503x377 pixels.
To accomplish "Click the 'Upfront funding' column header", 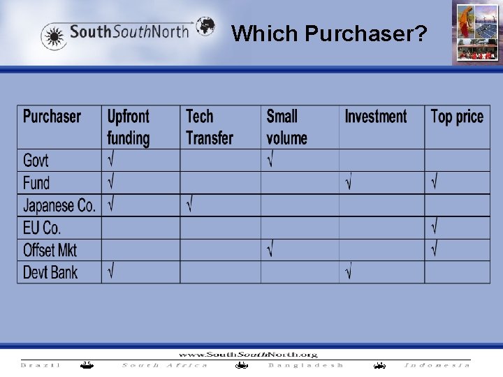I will pyautogui.click(x=129, y=127).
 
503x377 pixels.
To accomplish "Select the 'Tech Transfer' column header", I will pyautogui.click(x=209, y=127).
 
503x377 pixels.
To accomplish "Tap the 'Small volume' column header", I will pyautogui.click(x=286, y=127).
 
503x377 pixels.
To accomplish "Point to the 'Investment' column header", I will pyautogui.click(x=375, y=117).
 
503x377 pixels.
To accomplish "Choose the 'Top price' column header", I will pyautogui.click(x=457, y=117).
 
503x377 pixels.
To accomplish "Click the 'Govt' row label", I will pyautogui.click(x=36, y=161).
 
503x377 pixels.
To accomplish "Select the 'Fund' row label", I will pyautogui.click(x=36, y=183).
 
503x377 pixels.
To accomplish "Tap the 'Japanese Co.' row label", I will pyautogui.click(x=59, y=205).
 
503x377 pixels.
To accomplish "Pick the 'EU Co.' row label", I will pyautogui.click(x=42, y=228).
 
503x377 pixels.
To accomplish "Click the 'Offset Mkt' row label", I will pyautogui.click(x=50, y=250).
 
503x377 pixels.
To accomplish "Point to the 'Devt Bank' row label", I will pyautogui.click(x=50, y=272).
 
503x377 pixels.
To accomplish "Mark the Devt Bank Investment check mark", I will pyautogui.click(x=348, y=272).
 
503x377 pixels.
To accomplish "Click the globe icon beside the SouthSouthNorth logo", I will pyautogui.click(x=205, y=27).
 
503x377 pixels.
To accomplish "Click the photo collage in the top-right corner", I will pyautogui.click(x=476, y=33).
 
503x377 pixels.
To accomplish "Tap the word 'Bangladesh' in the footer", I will pyautogui.click(x=306, y=365).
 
